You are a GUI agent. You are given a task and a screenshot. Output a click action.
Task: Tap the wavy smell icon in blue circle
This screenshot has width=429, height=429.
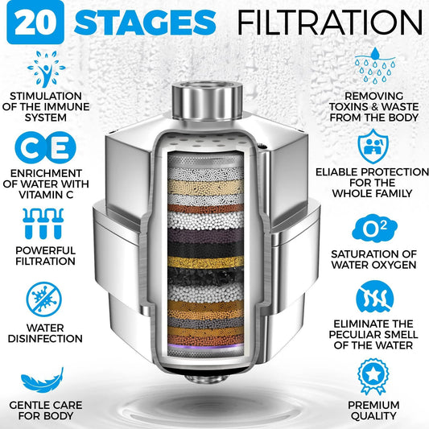coord(377,297)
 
